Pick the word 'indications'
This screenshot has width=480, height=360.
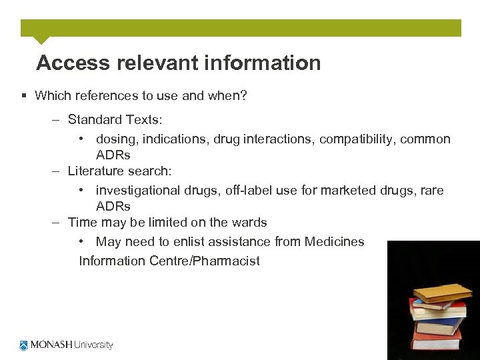173,139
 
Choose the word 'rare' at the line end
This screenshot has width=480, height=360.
431,191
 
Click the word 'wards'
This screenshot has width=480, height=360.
249,223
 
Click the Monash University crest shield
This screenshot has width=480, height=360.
24,345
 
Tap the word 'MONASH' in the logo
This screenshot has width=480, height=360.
50,345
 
